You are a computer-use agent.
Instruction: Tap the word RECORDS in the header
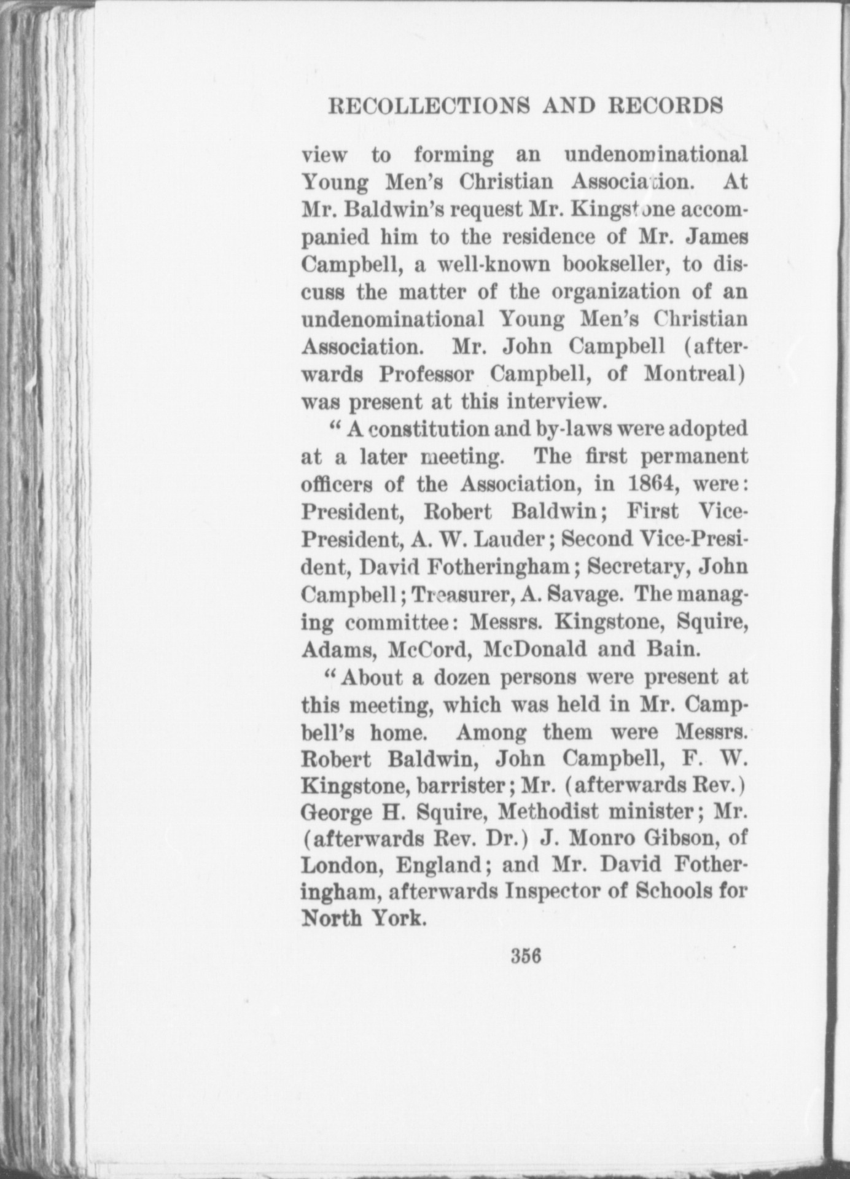tap(665, 106)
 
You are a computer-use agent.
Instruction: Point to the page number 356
tap(524, 973)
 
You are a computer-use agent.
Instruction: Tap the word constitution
tap(430, 429)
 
